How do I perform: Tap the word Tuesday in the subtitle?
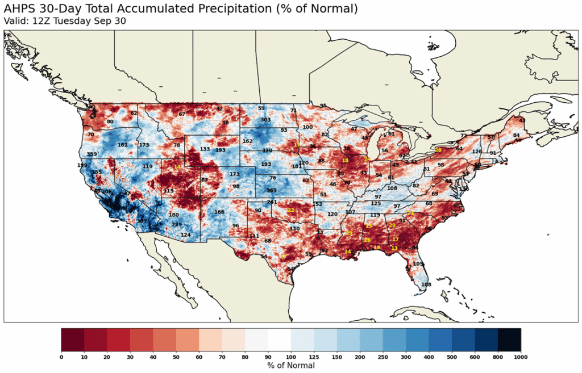(x=81, y=21)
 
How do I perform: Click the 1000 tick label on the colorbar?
(x=520, y=357)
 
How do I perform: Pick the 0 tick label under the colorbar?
(x=61, y=357)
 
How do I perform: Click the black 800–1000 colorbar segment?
(x=509, y=340)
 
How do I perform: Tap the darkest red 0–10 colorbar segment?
(x=73, y=340)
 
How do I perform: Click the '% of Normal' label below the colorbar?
(x=290, y=366)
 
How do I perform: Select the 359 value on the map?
(x=93, y=154)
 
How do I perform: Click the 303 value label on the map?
(x=265, y=120)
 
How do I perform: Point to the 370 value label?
(x=267, y=150)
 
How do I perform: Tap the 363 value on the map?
(x=272, y=191)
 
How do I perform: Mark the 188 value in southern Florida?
(x=426, y=284)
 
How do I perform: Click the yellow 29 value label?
(x=392, y=225)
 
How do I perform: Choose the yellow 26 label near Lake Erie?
(x=438, y=150)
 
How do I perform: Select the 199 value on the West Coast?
(x=82, y=165)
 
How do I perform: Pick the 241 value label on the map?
(x=272, y=202)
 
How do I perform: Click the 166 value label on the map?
(x=219, y=212)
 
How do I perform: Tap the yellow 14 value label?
(x=177, y=166)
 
